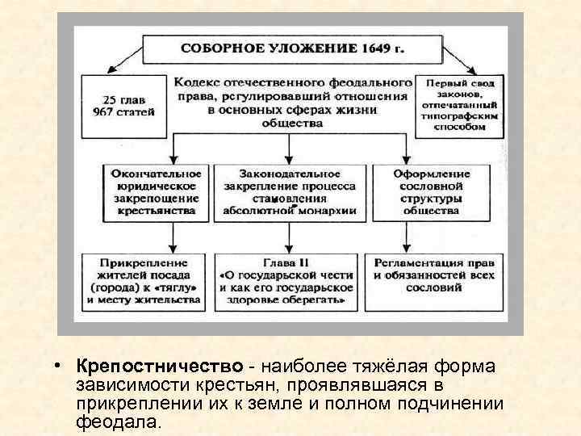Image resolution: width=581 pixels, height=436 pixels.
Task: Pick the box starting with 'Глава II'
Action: coord(286,281)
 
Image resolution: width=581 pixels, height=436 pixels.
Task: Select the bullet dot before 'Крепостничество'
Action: coord(61,366)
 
